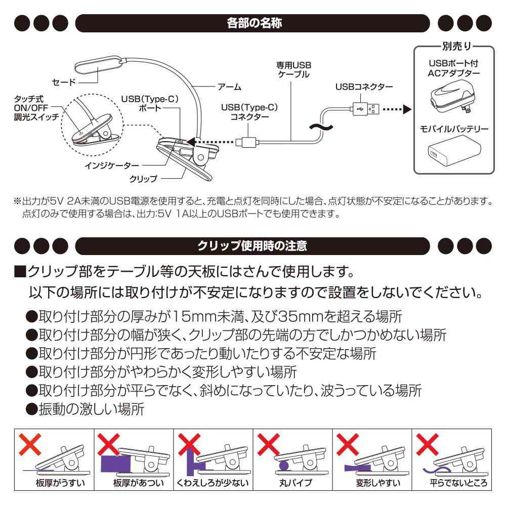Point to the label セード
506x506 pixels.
click(64, 82)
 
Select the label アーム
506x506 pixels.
click(229, 87)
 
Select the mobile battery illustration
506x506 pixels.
click(452, 153)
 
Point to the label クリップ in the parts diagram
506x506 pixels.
click(144, 178)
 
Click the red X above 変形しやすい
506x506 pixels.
click(348, 445)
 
